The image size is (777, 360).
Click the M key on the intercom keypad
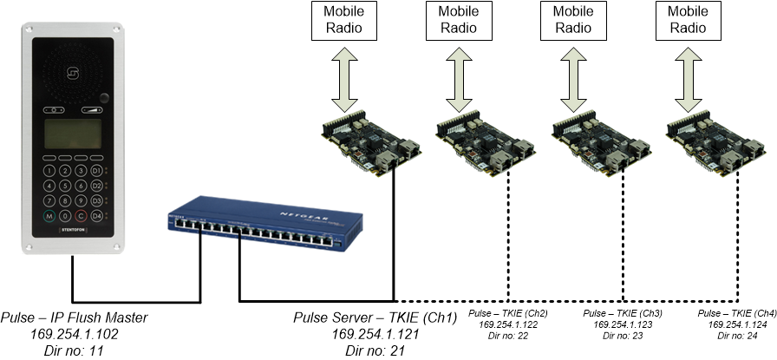[x=49, y=215]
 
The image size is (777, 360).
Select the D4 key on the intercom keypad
[x=97, y=215]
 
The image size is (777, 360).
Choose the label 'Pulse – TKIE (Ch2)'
[x=508, y=313]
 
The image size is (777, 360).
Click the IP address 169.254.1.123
[x=623, y=324]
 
